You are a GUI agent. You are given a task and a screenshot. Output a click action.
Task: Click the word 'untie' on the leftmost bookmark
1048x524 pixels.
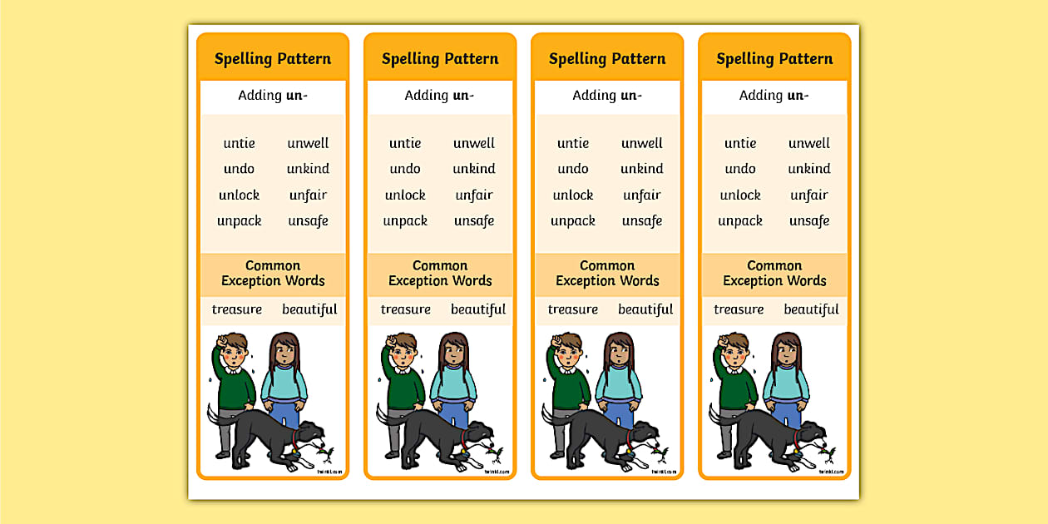tap(239, 143)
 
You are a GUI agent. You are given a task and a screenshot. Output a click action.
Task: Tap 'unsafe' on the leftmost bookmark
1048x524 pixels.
tap(308, 221)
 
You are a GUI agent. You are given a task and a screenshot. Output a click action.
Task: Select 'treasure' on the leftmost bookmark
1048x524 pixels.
tap(237, 309)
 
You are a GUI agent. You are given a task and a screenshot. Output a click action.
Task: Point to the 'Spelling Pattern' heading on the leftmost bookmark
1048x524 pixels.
tap(273, 59)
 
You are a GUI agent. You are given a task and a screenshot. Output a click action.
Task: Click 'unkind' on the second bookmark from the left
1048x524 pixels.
tap(474, 169)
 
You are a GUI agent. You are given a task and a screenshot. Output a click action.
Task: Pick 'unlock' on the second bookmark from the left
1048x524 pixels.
tap(405, 195)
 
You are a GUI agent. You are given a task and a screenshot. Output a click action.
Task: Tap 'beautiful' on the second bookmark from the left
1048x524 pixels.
tap(478, 309)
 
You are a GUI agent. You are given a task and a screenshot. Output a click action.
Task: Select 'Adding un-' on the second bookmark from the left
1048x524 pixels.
tap(440, 95)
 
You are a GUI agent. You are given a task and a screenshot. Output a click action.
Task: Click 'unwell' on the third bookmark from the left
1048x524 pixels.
tap(641, 143)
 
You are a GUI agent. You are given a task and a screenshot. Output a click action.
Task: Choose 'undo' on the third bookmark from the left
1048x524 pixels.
tap(573, 169)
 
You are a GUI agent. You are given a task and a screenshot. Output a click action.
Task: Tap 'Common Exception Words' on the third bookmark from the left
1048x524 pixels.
tap(607, 274)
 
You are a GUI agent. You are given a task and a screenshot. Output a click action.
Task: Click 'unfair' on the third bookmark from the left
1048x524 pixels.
tap(641, 195)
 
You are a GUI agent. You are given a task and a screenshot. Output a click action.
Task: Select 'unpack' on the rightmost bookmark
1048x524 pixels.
tap(740, 221)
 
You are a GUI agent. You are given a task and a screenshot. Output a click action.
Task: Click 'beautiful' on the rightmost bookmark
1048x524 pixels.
tap(811, 309)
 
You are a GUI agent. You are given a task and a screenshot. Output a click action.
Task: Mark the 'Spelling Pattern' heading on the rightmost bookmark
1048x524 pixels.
tap(774, 59)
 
